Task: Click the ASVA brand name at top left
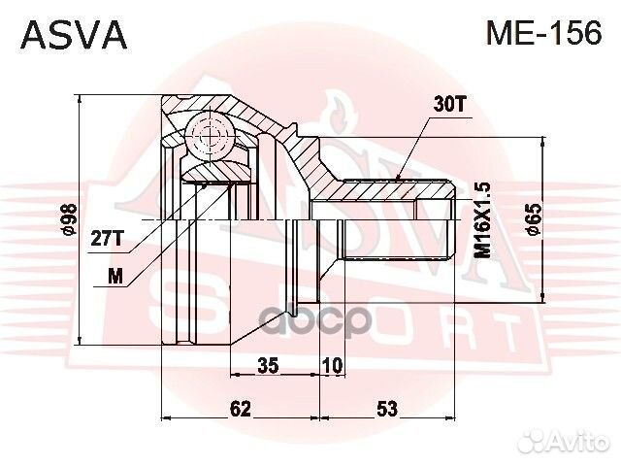pyautogui.click(x=74, y=35)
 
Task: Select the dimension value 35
pyautogui.click(x=269, y=365)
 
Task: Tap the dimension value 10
pyautogui.click(x=332, y=365)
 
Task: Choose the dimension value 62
pyautogui.click(x=241, y=409)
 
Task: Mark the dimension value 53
pyautogui.click(x=386, y=409)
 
